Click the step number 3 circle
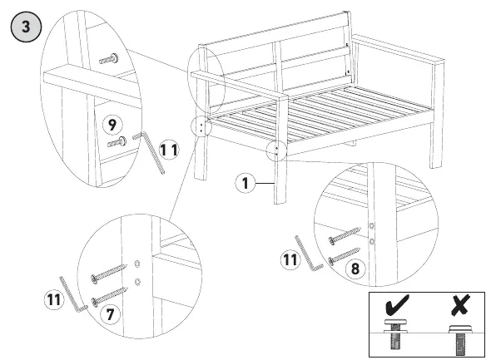[26, 27]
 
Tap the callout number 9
[112, 125]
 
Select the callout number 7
[110, 314]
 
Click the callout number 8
[355, 269]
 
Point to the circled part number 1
[246, 183]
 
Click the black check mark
[397, 305]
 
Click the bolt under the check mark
[396, 334]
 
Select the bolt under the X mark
[461, 340]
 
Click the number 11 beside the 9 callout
[169, 150]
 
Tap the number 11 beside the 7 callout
[54, 299]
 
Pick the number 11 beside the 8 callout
[290, 259]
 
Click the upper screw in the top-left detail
[109, 59]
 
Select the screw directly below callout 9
[117, 142]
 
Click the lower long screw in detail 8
[345, 256]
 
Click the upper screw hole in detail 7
[137, 264]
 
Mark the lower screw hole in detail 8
[372, 242]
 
